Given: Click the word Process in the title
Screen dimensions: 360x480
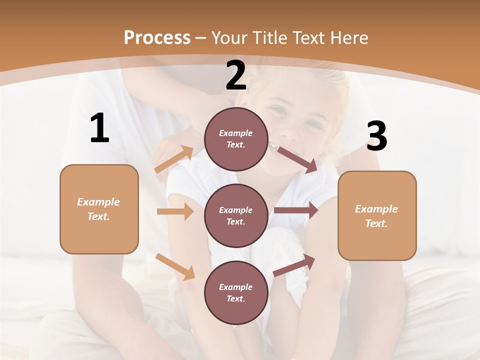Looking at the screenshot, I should (157, 37).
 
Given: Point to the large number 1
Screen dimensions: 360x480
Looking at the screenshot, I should (99, 128).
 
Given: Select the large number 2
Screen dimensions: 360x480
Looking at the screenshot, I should (236, 75).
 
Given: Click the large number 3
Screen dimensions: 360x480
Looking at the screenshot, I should (376, 136).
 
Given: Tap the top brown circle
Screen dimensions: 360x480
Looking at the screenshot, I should (236, 139).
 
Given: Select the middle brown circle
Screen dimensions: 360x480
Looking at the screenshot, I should (236, 215).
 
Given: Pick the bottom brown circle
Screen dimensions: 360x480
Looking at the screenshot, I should (236, 292).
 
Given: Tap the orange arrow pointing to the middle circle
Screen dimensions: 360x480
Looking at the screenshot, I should (175, 211).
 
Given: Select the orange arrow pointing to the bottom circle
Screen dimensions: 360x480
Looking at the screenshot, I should (175, 266).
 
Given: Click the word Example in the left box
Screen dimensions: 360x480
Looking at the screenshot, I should (98, 202).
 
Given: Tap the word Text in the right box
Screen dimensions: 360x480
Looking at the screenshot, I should (376, 223).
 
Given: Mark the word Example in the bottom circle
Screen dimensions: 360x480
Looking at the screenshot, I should (235, 287).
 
